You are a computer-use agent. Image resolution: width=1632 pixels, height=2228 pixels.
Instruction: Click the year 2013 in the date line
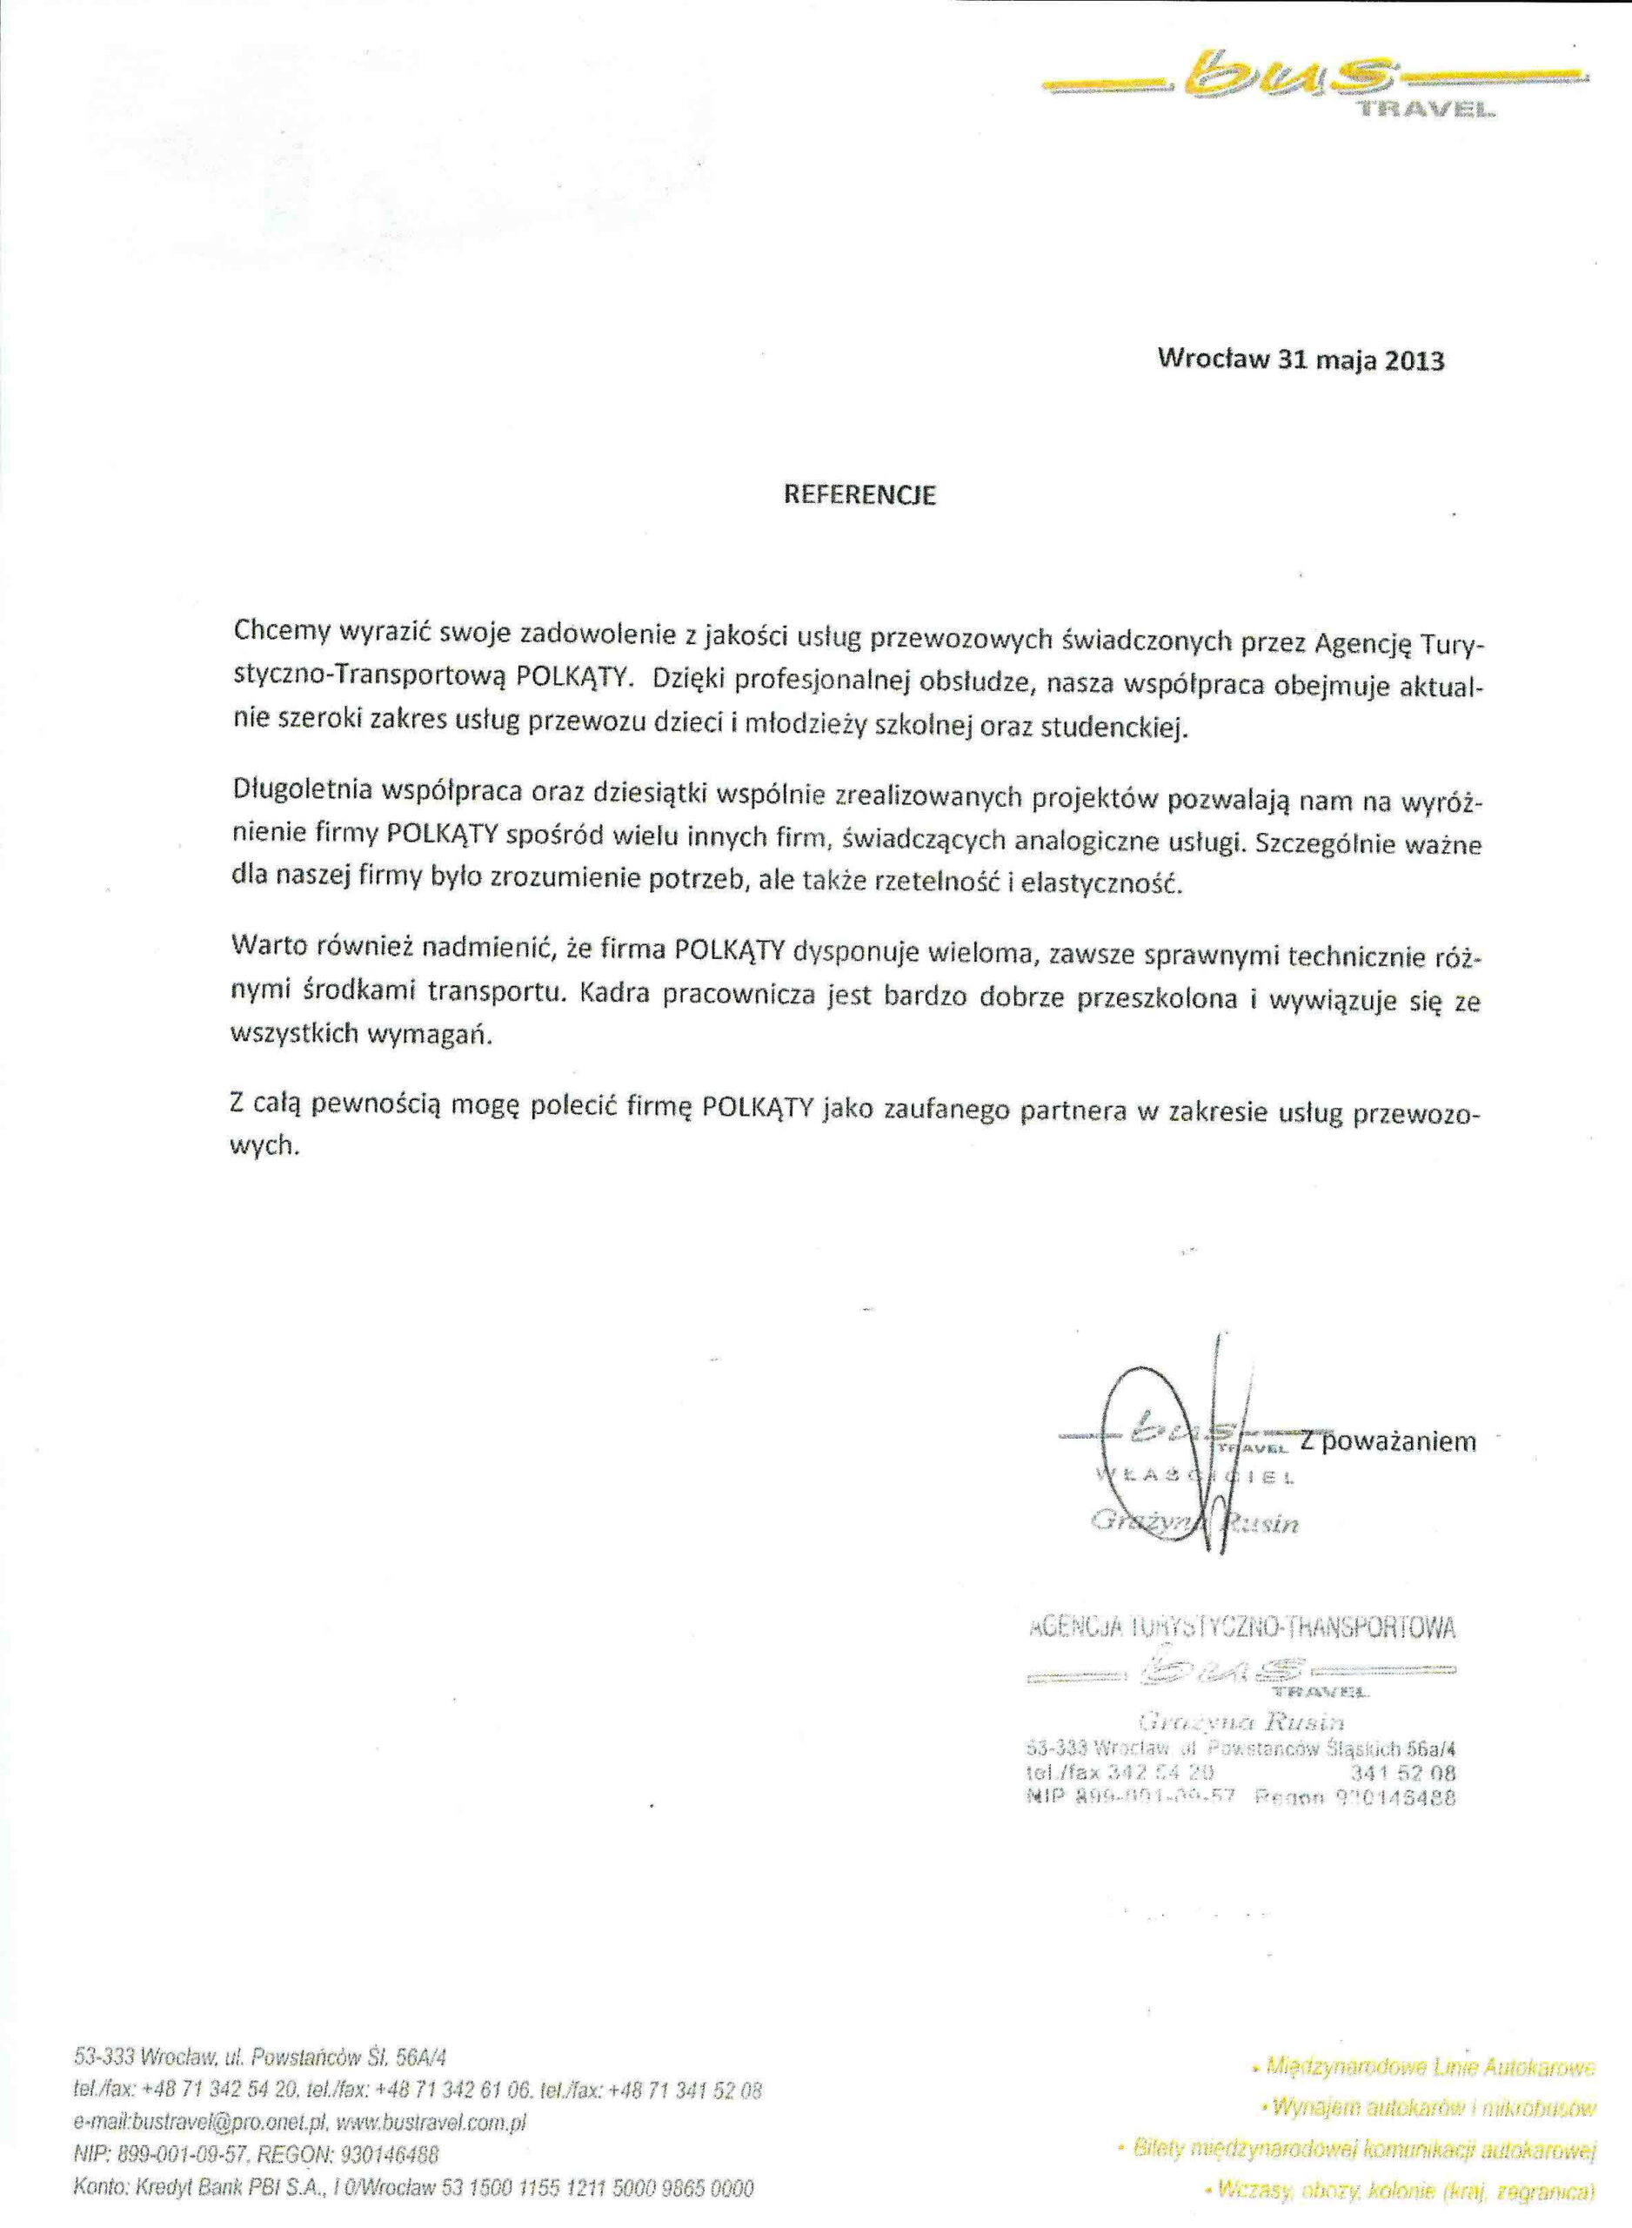point(1414,360)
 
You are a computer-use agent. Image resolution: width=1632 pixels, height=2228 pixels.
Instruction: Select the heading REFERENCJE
point(859,496)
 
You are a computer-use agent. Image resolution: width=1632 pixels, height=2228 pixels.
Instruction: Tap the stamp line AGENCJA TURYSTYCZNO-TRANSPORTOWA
point(1241,1627)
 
